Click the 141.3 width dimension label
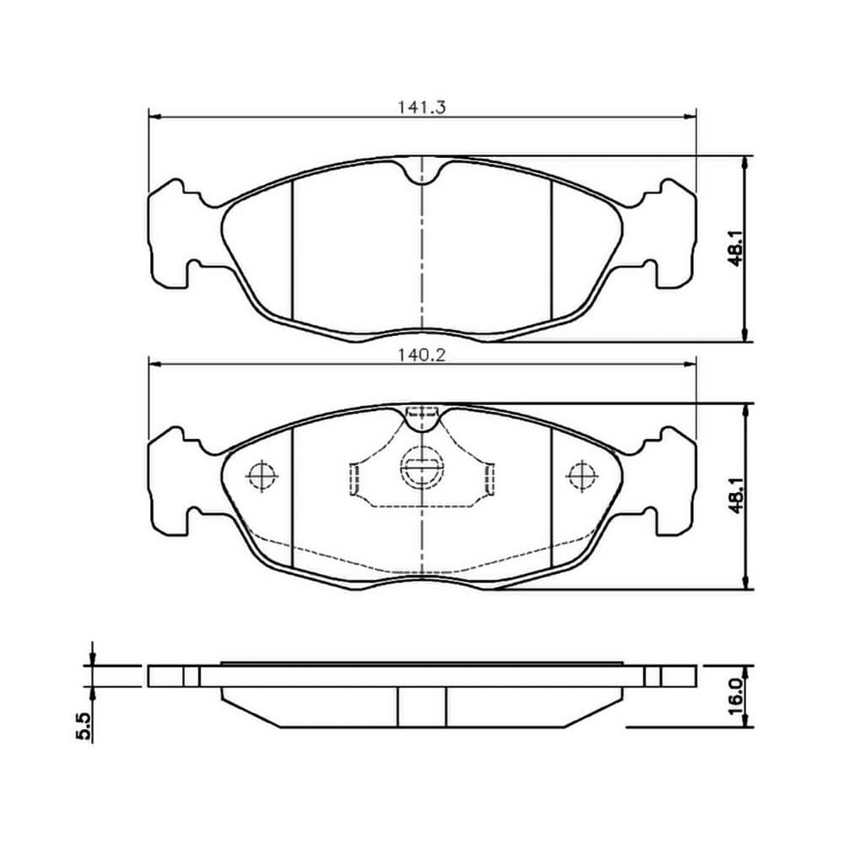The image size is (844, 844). [x=422, y=108]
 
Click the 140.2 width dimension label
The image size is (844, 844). [x=422, y=355]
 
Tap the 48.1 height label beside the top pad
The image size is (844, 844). [x=736, y=247]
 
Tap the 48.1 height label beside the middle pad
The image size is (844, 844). [x=736, y=495]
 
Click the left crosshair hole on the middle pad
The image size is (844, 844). [x=262, y=476]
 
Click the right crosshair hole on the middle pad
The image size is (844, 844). [x=582, y=476]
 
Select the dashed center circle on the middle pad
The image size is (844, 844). [x=422, y=468]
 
